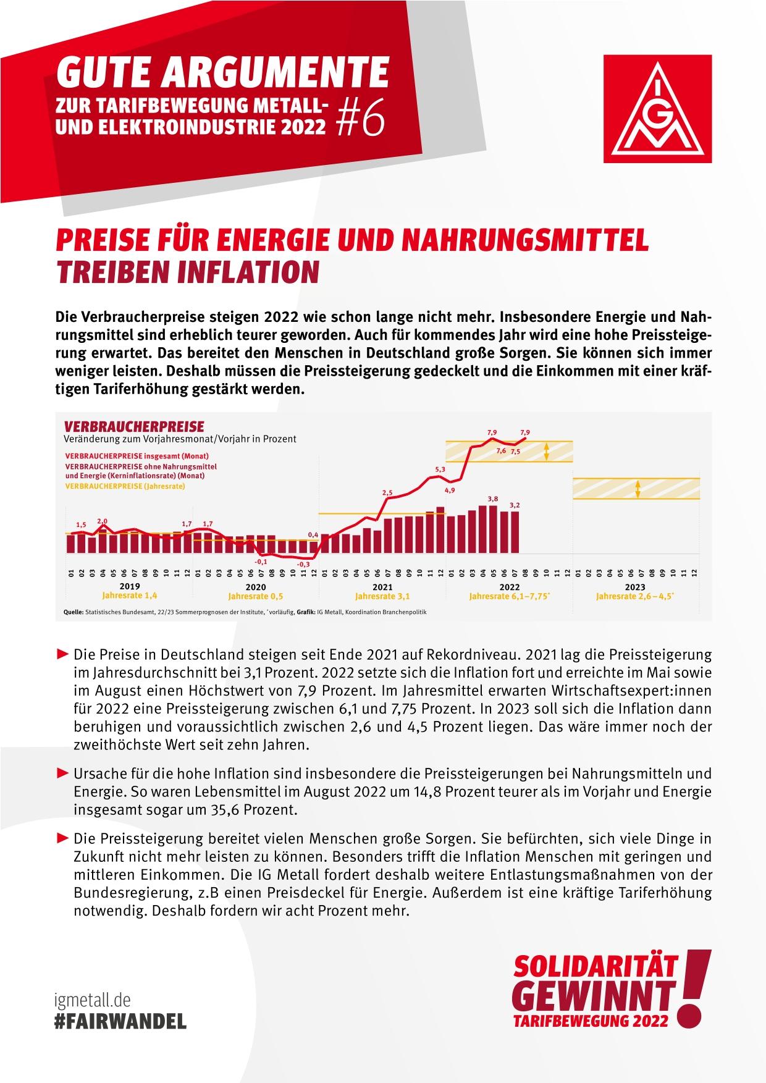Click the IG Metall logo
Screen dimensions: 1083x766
tap(657, 109)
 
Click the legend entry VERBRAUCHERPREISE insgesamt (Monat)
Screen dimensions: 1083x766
tap(127, 455)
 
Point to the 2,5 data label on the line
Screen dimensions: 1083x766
tap(387, 492)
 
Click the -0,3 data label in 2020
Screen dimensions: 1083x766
tap(303, 564)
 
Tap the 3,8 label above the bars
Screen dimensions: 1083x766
tap(493, 499)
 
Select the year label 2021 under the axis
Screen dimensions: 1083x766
tap(382, 587)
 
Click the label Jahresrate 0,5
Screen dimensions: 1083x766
tap(256, 597)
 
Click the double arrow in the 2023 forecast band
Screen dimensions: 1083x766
tap(638, 489)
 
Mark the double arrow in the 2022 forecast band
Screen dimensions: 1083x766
tap(547, 452)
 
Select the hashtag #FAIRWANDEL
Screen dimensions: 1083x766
tap(120, 1021)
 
